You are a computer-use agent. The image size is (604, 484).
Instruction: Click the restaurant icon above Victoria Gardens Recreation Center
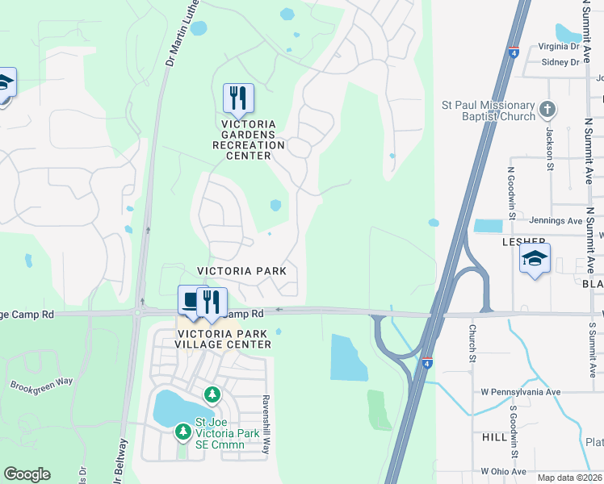pos(238,98)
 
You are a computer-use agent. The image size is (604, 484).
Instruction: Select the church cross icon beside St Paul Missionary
pos(547,109)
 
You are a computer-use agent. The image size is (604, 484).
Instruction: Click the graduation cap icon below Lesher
pos(535,259)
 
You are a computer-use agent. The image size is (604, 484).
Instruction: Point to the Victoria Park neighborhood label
pos(242,271)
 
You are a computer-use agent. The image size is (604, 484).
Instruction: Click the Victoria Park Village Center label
pos(223,338)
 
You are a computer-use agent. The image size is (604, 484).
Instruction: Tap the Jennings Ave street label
pos(556,220)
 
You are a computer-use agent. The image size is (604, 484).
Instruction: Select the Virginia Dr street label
pos(554,47)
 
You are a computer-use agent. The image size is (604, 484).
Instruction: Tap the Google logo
pos(27,474)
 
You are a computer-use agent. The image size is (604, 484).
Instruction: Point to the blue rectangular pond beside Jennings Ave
pos(488,226)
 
